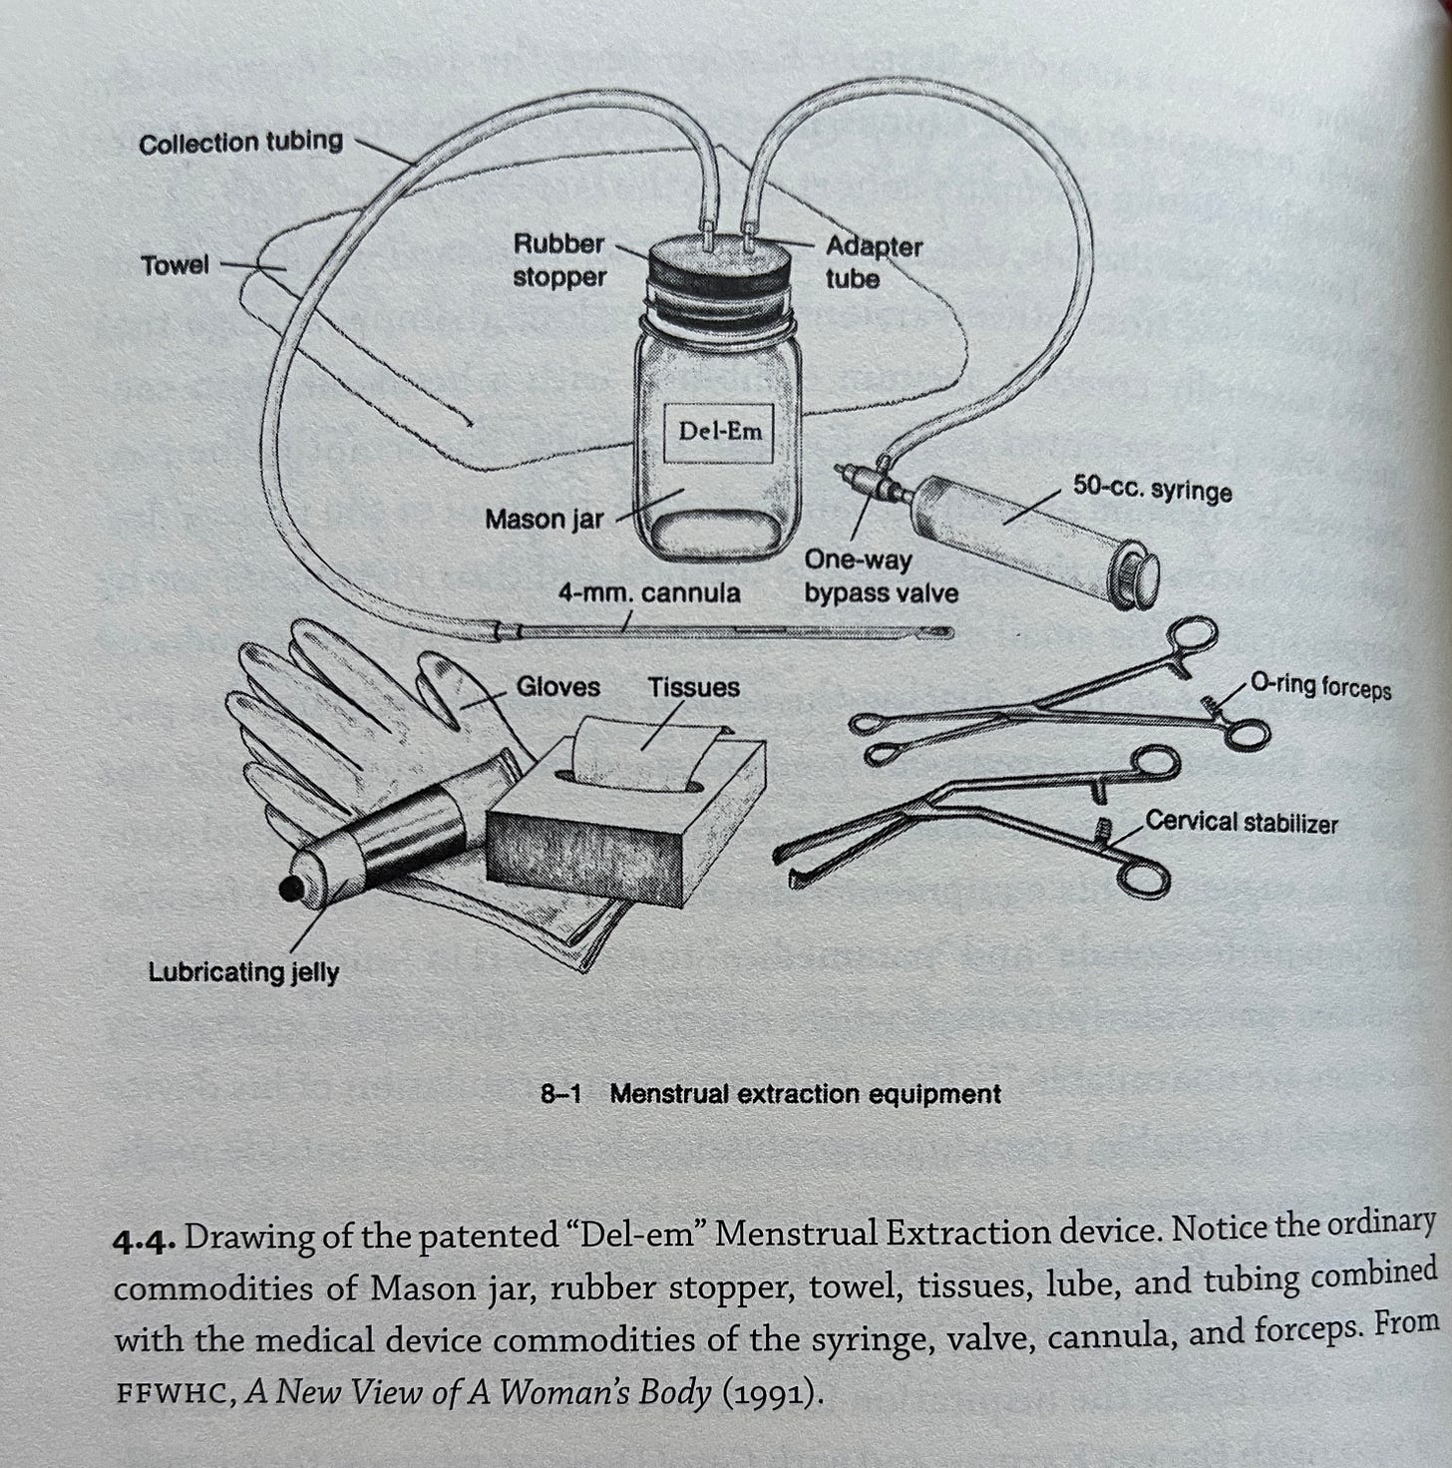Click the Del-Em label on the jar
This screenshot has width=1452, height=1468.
(x=719, y=432)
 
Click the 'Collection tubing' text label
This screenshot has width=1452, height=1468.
(x=240, y=143)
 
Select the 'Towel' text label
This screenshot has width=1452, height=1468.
(x=176, y=266)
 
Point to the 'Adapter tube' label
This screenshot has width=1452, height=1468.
(x=874, y=262)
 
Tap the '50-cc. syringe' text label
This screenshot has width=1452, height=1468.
(x=1152, y=490)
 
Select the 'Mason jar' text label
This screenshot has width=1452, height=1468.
(x=544, y=520)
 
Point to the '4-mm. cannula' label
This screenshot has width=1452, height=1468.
(x=648, y=593)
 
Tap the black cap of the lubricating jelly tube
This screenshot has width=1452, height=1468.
(x=291, y=890)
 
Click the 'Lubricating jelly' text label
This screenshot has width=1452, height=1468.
(x=243, y=971)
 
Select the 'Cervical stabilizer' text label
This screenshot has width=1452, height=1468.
(x=1241, y=822)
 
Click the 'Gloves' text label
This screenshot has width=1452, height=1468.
(x=557, y=687)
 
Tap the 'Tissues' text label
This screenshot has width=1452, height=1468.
(x=694, y=687)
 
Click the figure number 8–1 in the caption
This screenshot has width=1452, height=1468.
(x=560, y=1094)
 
